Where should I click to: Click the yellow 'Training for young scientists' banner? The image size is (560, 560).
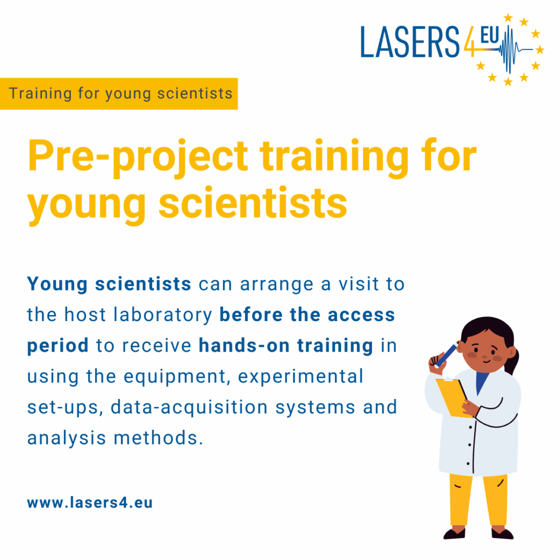[119, 93]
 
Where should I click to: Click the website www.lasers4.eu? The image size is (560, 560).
[90, 503]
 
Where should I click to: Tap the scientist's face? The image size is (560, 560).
[483, 353]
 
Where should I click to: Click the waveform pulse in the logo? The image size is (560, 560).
[511, 49]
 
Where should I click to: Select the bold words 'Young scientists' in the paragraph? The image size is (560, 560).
[109, 284]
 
